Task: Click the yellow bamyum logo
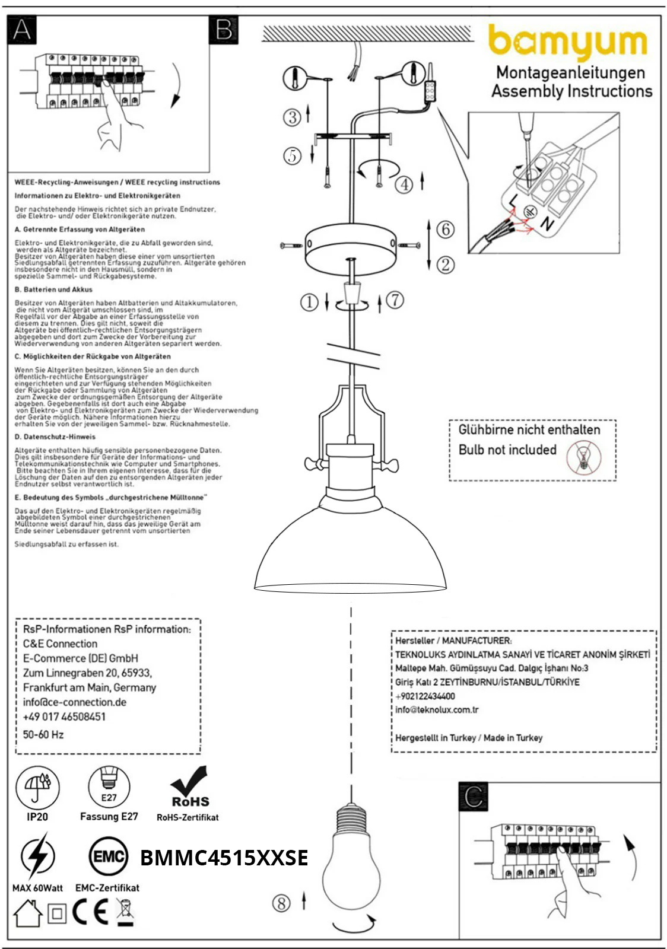tap(567, 42)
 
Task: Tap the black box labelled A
tap(22, 30)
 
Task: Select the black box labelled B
tap(224, 30)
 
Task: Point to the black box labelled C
tap(473, 797)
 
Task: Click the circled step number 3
tap(291, 117)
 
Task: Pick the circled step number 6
tap(445, 229)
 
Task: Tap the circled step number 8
tap(281, 903)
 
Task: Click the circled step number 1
tap(309, 302)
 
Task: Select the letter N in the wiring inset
tap(547, 224)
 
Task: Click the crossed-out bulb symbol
tap(583, 458)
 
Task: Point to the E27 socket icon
tap(109, 787)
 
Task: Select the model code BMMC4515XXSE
tap(224, 858)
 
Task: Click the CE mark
tap(91, 913)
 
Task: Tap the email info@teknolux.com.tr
tap(437, 710)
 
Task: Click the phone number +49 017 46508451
tap(64, 716)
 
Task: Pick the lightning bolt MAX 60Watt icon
tap(37, 856)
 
